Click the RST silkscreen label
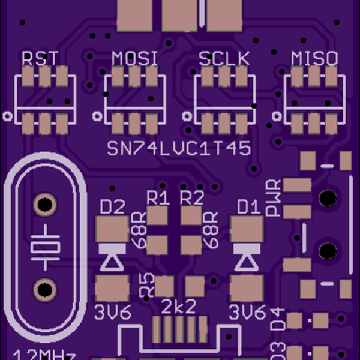[x=41, y=59]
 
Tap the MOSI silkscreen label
[x=135, y=59]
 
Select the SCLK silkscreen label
[x=224, y=59]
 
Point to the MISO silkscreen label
[x=314, y=59]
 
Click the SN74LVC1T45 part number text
[x=179, y=149]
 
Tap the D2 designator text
[x=112, y=208]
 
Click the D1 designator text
[x=249, y=208]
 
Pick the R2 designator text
[x=192, y=197]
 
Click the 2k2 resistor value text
[x=179, y=307]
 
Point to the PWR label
[x=274, y=198]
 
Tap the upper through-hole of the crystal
[x=44, y=205]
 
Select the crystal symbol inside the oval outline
[x=44, y=247]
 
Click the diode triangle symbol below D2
[x=112, y=260]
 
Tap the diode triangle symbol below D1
[x=247, y=260]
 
